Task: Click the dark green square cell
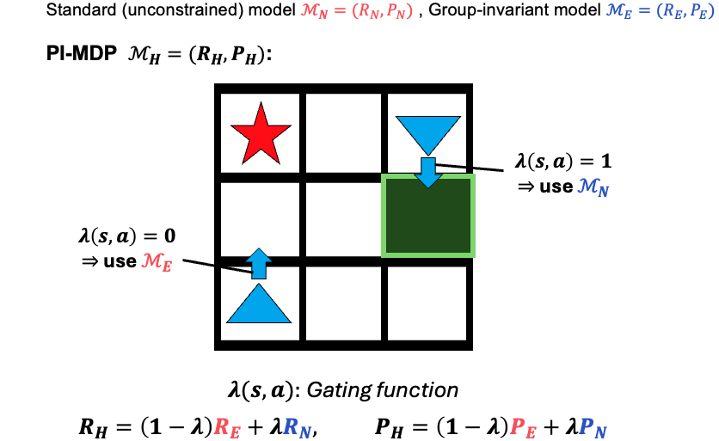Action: (427, 214)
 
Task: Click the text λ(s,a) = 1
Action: (562, 161)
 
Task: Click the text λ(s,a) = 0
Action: (129, 235)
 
